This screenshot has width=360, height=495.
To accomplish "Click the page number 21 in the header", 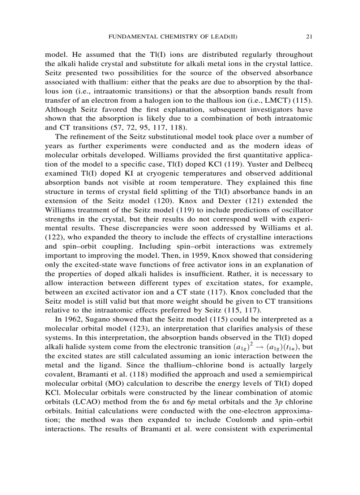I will (309, 37).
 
